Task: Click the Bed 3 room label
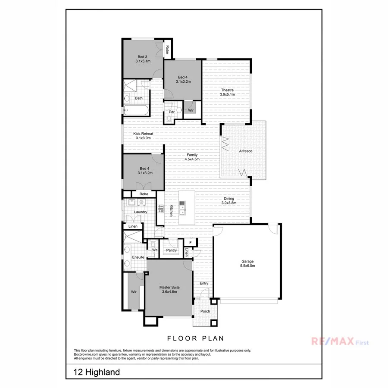point(142,59)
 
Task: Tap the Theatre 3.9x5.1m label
point(227,92)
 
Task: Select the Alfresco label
point(245,151)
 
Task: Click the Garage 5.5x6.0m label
point(247,263)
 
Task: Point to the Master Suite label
point(169,289)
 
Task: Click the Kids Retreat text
point(143,136)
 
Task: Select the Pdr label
point(171,112)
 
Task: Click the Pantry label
point(172,250)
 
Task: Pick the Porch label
point(204,311)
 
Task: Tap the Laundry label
point(141,212)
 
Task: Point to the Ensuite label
point(138,257)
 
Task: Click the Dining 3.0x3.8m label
point(228,200)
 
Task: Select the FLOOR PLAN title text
point(194,338)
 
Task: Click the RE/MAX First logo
point(340,342)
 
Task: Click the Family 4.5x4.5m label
point(192,157)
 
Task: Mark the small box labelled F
point(190,243)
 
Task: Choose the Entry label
point(204,283)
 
